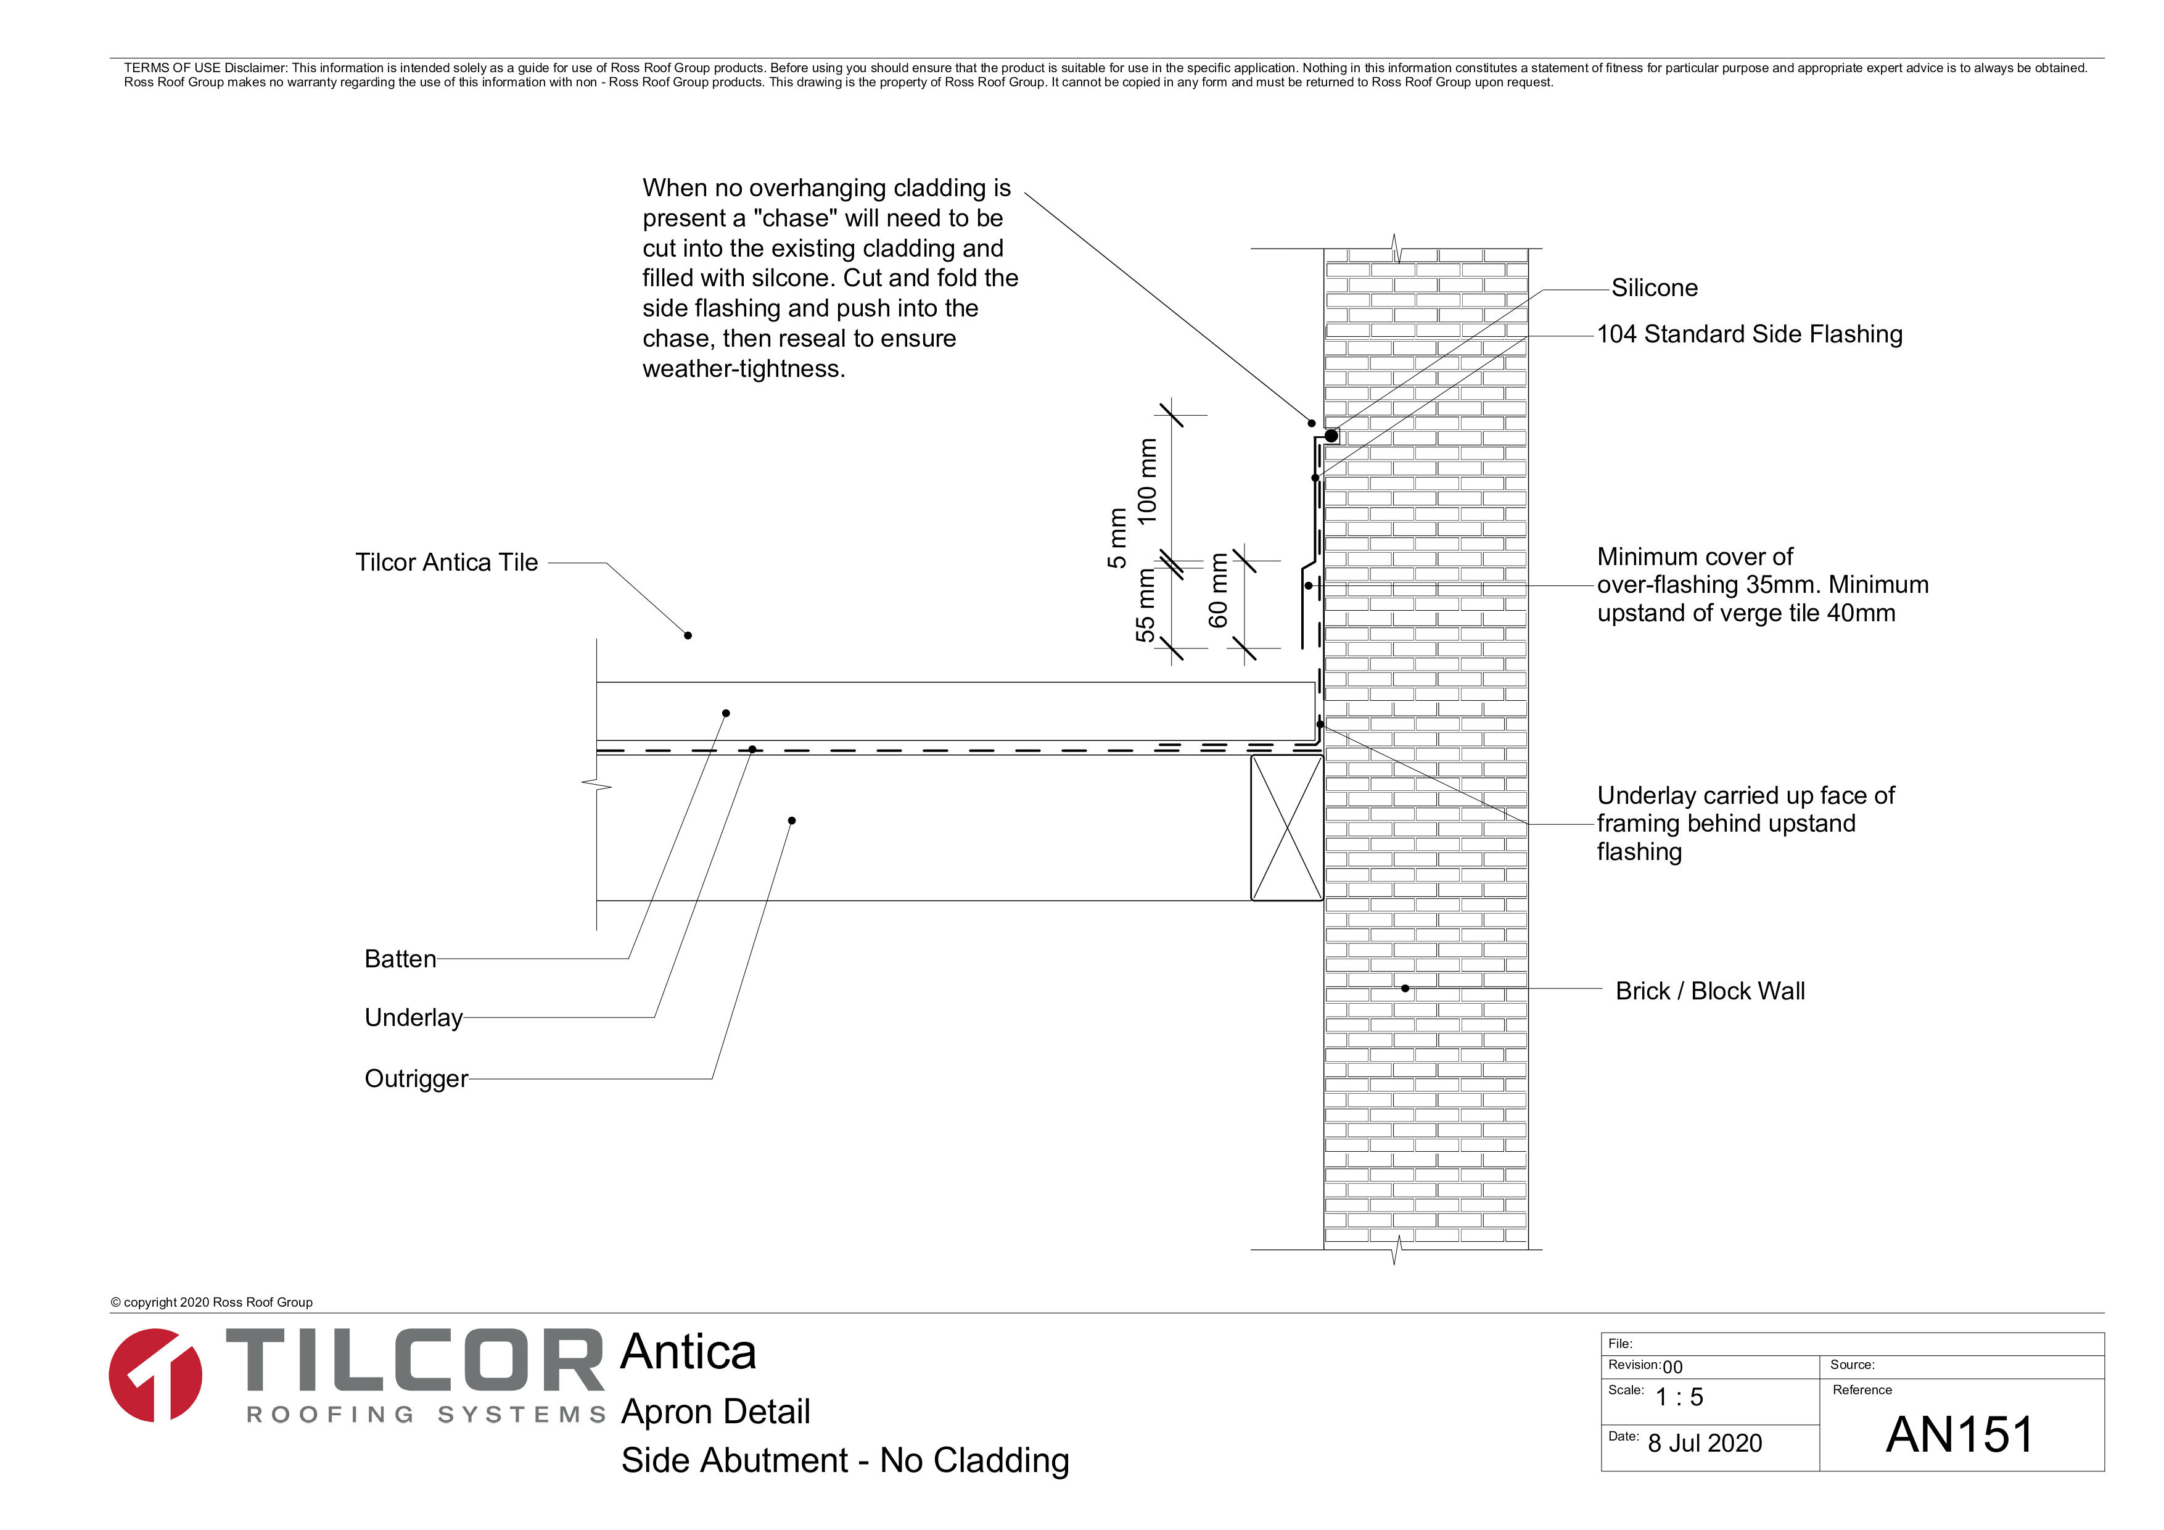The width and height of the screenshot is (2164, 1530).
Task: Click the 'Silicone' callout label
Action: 1654,287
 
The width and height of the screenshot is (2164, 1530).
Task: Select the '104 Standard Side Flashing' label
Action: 1750,334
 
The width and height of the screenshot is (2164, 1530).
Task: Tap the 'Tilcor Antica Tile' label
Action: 446,562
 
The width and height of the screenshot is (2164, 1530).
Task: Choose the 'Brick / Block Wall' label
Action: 1709,991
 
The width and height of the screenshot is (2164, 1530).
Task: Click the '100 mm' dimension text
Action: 1147,482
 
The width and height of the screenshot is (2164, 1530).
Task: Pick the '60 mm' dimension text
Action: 1219,591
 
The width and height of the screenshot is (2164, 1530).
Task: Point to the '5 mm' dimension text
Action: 1117,539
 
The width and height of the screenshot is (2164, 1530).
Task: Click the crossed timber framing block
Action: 1286,828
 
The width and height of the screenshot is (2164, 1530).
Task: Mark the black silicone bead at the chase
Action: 1331,436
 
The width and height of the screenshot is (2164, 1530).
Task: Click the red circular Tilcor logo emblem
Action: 155,1375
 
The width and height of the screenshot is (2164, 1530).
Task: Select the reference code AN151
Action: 1959,1435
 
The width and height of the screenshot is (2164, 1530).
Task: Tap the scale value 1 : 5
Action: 1679,1397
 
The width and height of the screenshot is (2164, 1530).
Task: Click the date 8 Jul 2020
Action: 1704,1443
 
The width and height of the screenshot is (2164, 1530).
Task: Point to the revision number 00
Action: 1672,1367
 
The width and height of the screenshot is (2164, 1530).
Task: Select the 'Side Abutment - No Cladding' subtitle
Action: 844,1460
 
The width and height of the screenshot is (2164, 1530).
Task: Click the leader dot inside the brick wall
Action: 1405,988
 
